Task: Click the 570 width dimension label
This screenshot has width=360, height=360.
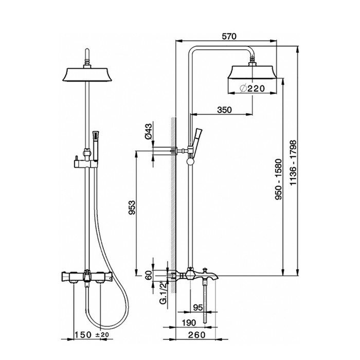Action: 229,37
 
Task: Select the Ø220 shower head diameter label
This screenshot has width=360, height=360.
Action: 252,88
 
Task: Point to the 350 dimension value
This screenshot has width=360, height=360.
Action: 224,110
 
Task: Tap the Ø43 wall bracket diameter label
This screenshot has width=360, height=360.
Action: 149,131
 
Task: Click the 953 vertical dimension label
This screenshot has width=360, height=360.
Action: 132,207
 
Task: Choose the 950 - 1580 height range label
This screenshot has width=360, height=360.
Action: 279,179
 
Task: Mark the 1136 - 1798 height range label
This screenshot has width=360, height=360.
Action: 293,163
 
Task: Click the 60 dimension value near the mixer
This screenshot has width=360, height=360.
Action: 149,275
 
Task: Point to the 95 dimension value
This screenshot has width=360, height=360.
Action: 198,308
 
